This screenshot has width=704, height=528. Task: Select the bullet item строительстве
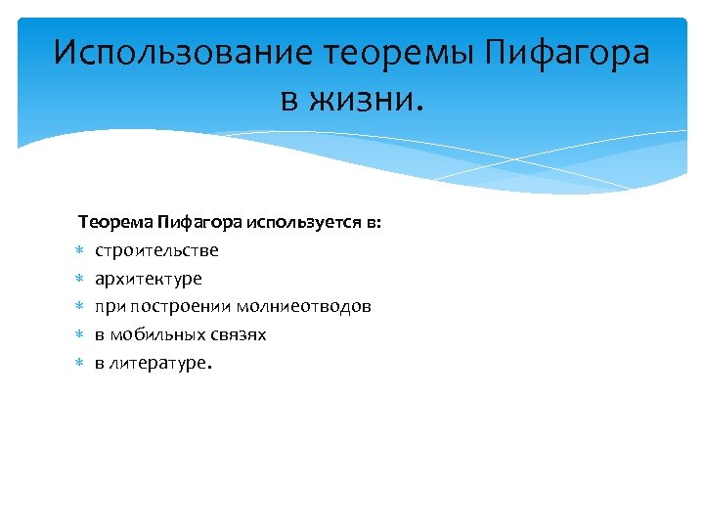pos(156,250)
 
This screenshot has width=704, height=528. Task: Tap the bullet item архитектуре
pos(149,279)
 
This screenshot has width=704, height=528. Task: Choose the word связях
pos(239,335)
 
